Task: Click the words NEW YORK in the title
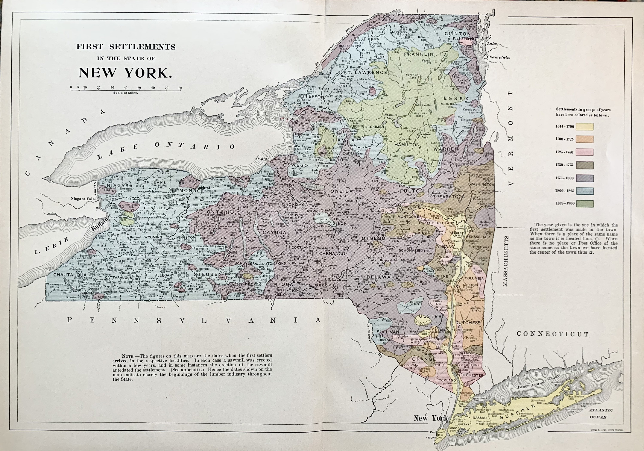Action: point(125,73)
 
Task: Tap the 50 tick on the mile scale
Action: point(139,88)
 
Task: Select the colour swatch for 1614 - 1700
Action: point(585,126)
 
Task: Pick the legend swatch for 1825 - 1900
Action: point(585,203)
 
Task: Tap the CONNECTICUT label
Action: point(553,334)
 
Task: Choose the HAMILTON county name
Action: point(407,145)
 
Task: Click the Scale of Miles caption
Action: point(125,93)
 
